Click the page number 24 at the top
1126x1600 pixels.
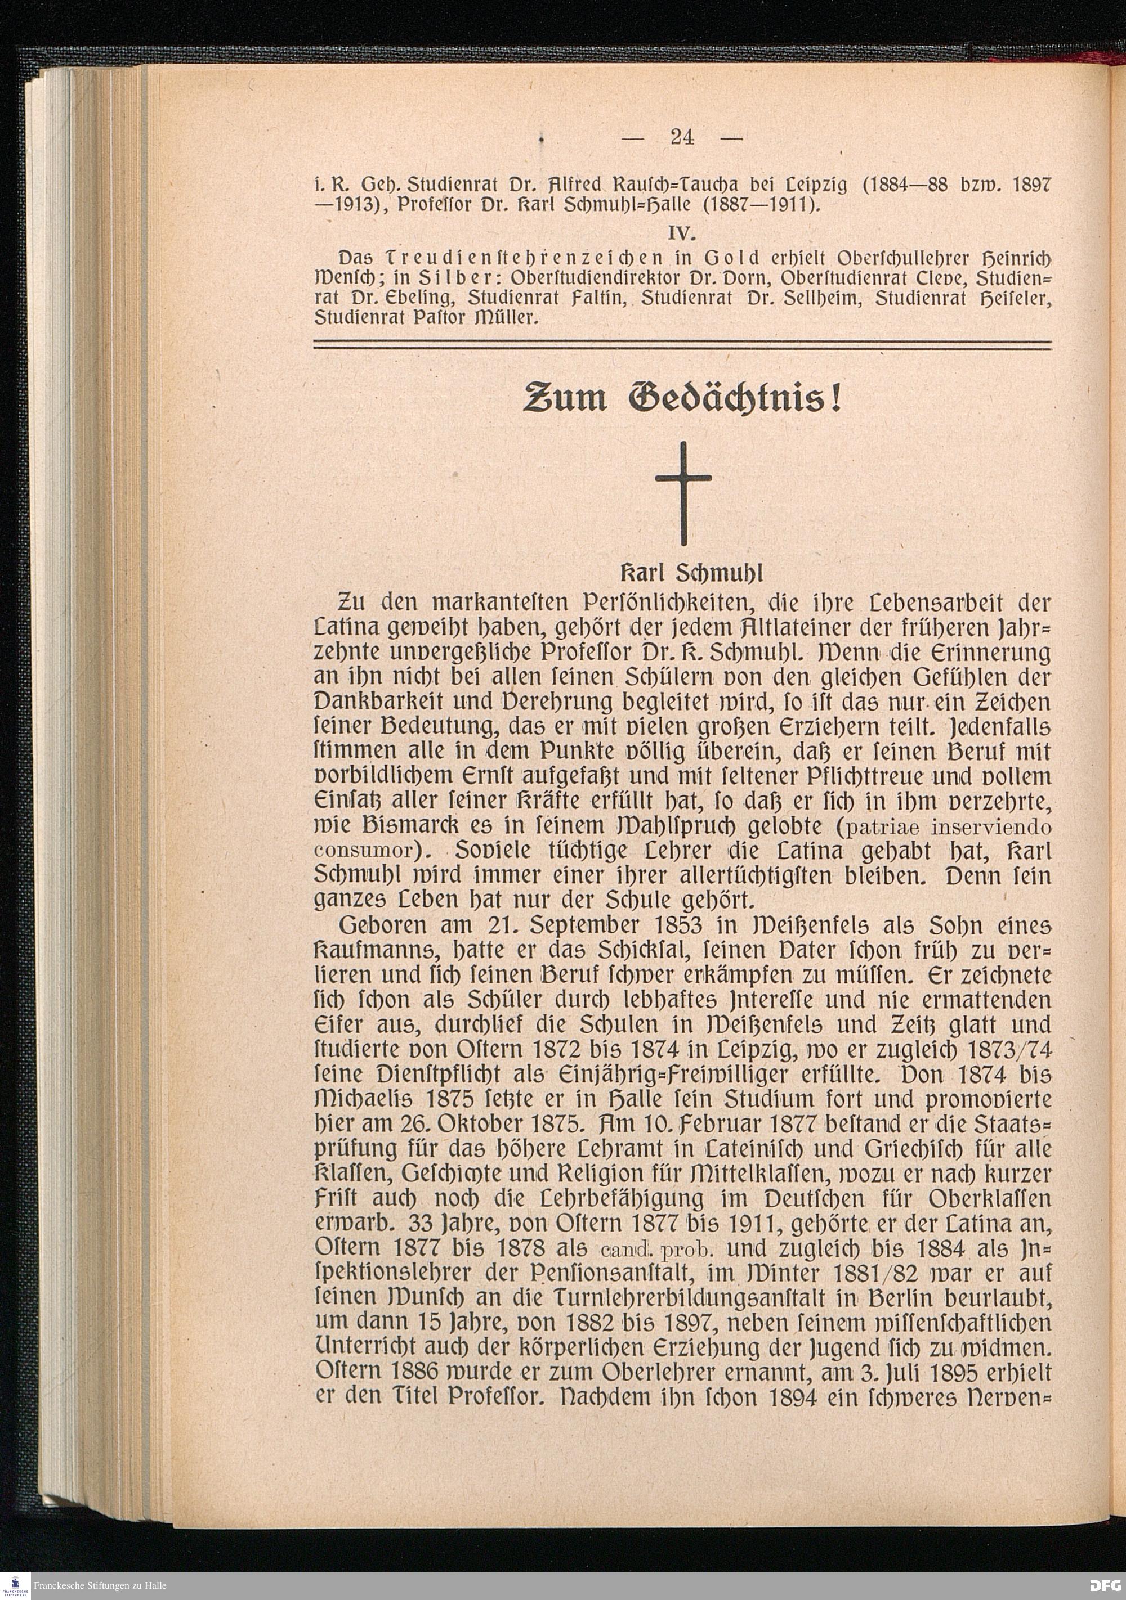[x=682, y=137]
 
